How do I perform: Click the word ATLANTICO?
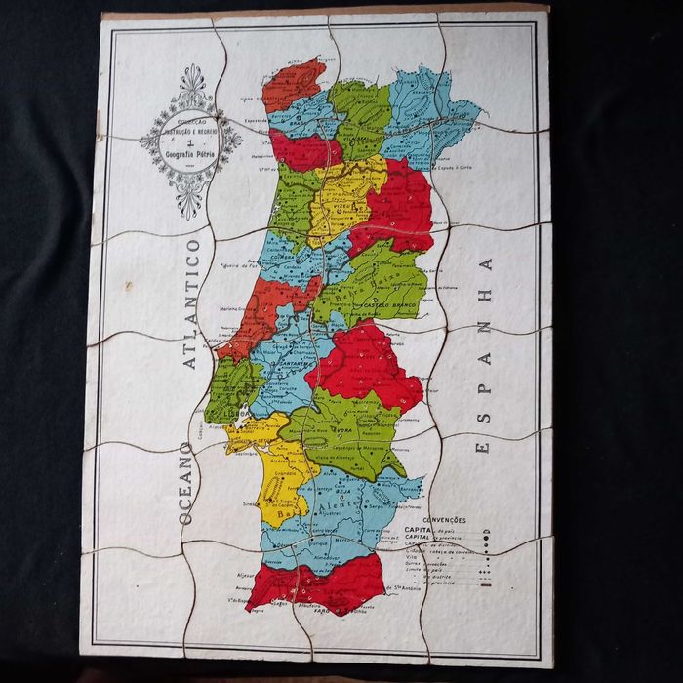point(190,303)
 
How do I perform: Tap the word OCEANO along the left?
point(184,484)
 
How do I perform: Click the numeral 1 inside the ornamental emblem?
point(190,141)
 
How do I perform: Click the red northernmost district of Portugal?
point(293,84)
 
